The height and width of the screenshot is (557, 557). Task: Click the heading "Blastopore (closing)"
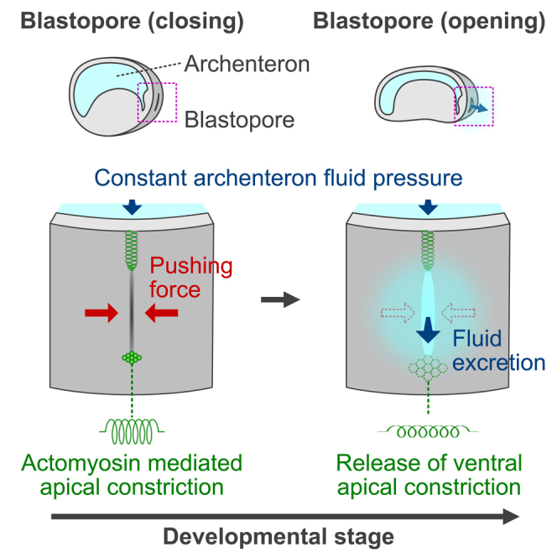click(x=132, y=20)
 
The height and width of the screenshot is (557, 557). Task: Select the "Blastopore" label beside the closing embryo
click(x=239, y=119)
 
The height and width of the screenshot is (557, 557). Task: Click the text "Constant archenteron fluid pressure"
click(x=278, y=178)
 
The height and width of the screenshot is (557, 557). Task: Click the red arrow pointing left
click(x=162, y=313)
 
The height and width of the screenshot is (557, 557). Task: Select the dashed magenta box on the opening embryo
click(x=473, y=106)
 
